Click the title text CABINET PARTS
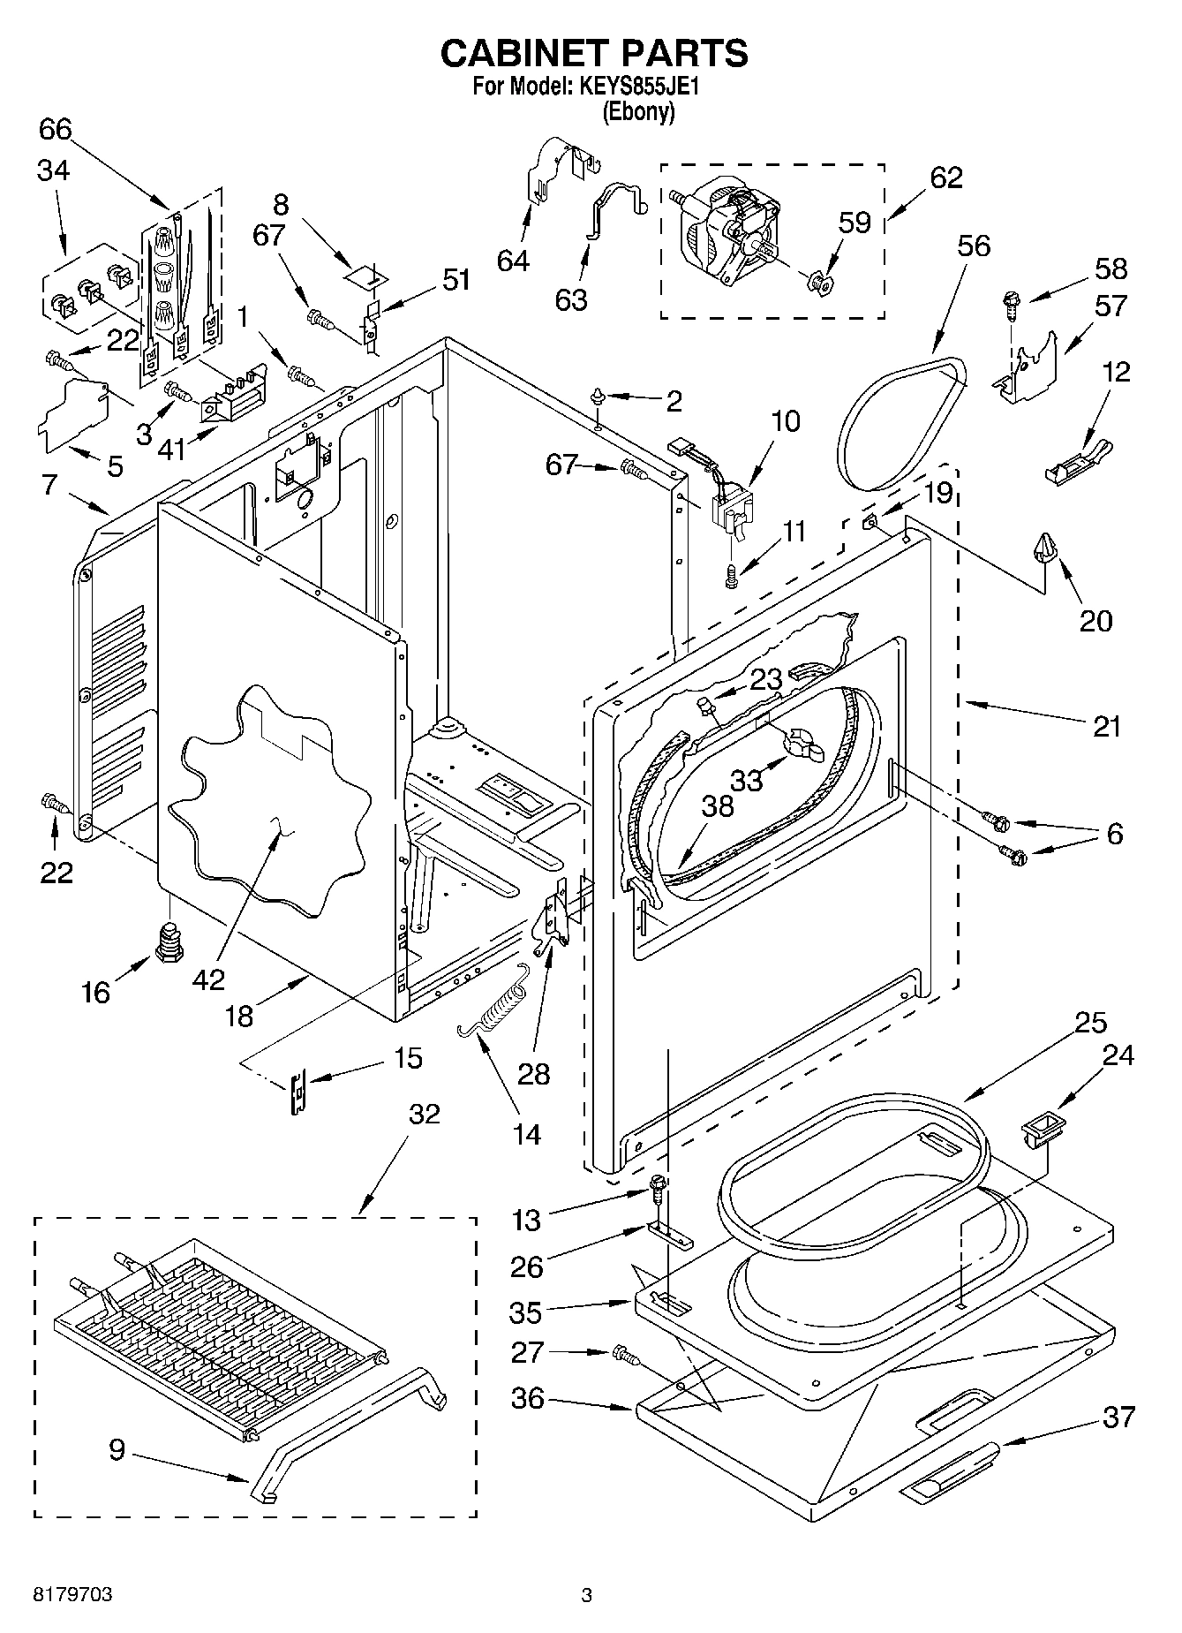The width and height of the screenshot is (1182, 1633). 593,53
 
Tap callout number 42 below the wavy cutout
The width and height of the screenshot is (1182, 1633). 208,979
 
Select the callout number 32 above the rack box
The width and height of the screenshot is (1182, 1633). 424,1115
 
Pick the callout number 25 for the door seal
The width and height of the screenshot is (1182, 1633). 1090,1023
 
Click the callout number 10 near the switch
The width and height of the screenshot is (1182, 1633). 785,420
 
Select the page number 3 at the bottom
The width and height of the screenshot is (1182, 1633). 586,1595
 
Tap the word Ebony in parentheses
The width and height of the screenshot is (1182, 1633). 638,112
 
